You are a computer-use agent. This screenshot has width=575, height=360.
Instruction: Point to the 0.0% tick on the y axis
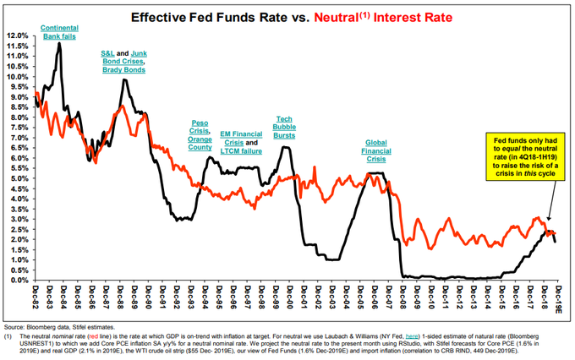point(18,280)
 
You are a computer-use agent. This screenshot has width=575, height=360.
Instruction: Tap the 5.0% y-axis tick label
point(18,178)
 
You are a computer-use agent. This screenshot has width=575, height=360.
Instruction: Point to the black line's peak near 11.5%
point(59,44)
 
